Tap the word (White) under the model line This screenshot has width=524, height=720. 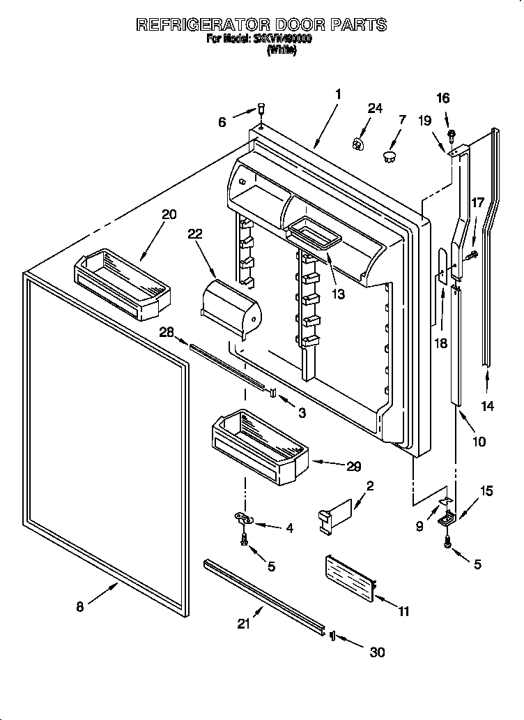point(282,51)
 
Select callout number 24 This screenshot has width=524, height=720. point(375,108)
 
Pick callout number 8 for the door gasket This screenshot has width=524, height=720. point(79,607)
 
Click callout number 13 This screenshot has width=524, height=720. point(338,294)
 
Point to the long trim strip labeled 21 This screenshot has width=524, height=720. point(265,597)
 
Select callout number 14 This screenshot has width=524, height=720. point(488,406)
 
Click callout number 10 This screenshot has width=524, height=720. point(479,442)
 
